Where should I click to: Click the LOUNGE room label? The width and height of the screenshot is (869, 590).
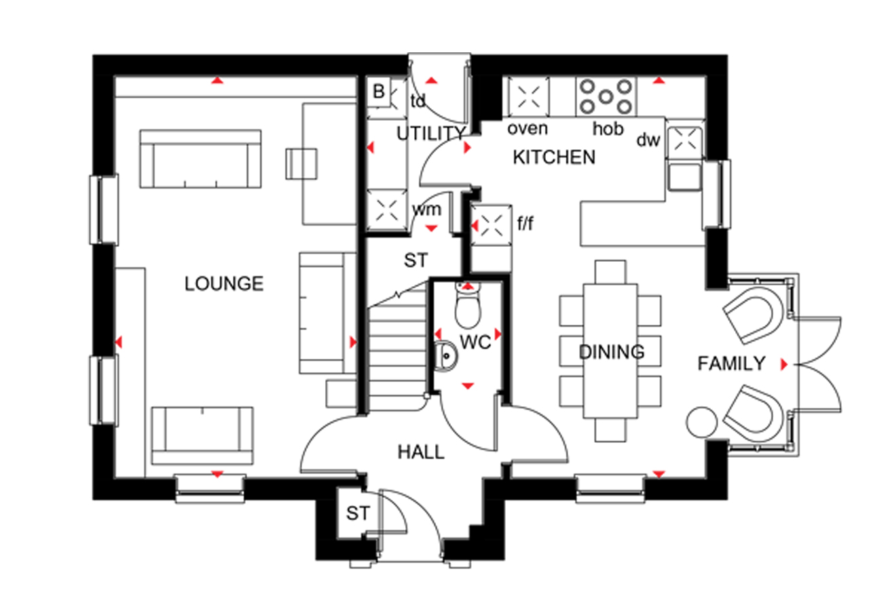coord(224,283)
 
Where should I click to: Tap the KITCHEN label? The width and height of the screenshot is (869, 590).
coord(554,157)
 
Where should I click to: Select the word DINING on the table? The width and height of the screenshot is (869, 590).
coord(612,352)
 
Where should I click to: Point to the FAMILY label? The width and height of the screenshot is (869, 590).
coord(731,363)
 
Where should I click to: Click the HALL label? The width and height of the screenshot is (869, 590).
coord(421,452)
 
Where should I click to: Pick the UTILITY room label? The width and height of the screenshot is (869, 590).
coord(430,134)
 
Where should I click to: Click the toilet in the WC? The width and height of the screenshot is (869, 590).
coord(468,304)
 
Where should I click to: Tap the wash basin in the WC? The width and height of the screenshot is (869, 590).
coord(445,356)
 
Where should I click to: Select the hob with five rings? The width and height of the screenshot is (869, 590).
coord(606,97)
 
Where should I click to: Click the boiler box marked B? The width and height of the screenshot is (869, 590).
coord(379,92)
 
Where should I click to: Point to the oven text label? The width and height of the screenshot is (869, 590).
coord(528,129)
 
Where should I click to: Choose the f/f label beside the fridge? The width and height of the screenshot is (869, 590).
coord(525,223)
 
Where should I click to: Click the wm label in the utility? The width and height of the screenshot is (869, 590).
coord(427,210)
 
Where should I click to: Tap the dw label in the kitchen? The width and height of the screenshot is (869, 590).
coord(648,140)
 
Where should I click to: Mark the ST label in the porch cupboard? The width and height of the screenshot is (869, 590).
coord(358,513)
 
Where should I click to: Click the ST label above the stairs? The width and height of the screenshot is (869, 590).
coord(416,260)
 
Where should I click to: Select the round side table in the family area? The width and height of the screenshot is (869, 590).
coord(702,422)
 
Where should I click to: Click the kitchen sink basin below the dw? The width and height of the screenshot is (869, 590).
coord(685,177)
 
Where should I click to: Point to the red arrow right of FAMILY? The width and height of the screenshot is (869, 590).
coord(784,364)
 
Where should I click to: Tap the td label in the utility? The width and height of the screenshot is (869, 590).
coord(418,101)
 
